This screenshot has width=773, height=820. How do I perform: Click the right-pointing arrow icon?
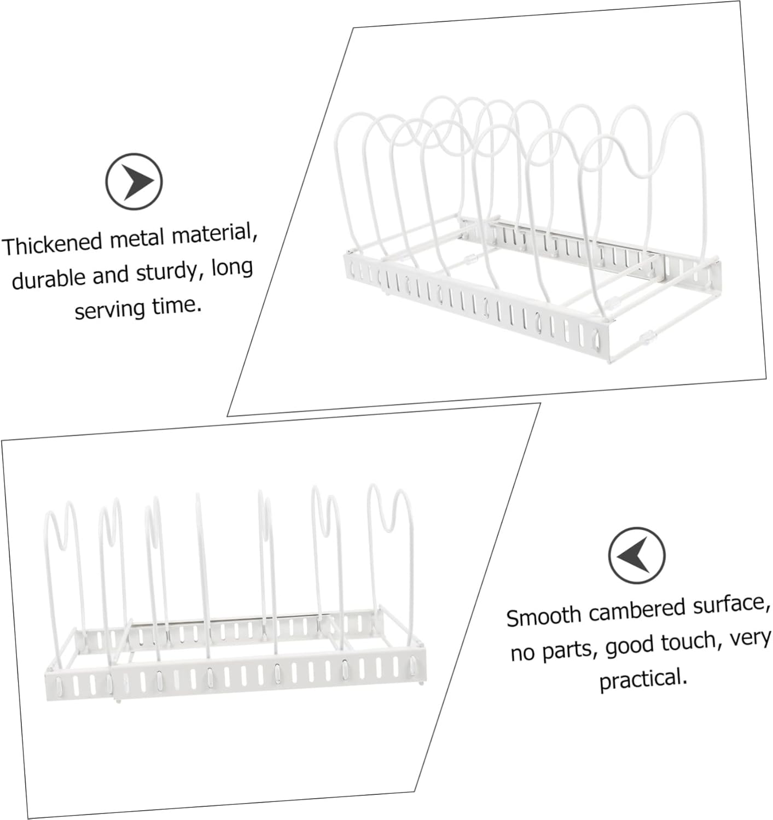[133, 181]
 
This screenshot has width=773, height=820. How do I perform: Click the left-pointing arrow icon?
[637, 555]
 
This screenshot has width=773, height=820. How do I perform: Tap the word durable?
[49, 278]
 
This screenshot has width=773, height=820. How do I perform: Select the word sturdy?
[166, 272]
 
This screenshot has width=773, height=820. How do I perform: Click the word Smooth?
[544, 616]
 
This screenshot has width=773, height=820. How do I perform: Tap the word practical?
[643, 680]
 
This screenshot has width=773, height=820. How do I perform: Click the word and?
[111, 275]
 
